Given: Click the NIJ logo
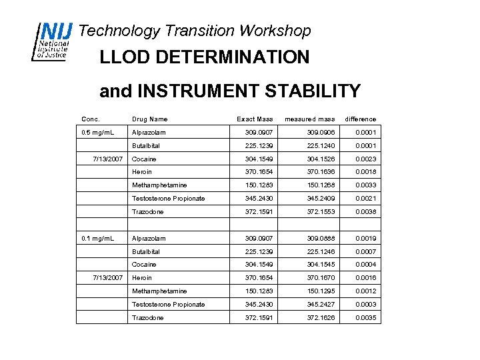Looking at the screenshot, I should coord(53,41).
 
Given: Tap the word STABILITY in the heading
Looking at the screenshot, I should coord(306,91).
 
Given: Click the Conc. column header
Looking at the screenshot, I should coord(91,119).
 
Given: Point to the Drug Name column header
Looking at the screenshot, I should coord(150,119).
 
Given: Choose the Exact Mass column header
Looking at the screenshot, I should coord(255,119).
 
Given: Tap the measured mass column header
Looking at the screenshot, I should coord(310,119).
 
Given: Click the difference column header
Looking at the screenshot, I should coord(361,119).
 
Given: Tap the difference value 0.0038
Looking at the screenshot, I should coord(366,212).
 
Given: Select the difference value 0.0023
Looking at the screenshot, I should coord(366,159).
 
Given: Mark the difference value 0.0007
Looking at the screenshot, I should coord(366,252).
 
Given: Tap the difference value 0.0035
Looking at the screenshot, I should coord(366,318).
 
